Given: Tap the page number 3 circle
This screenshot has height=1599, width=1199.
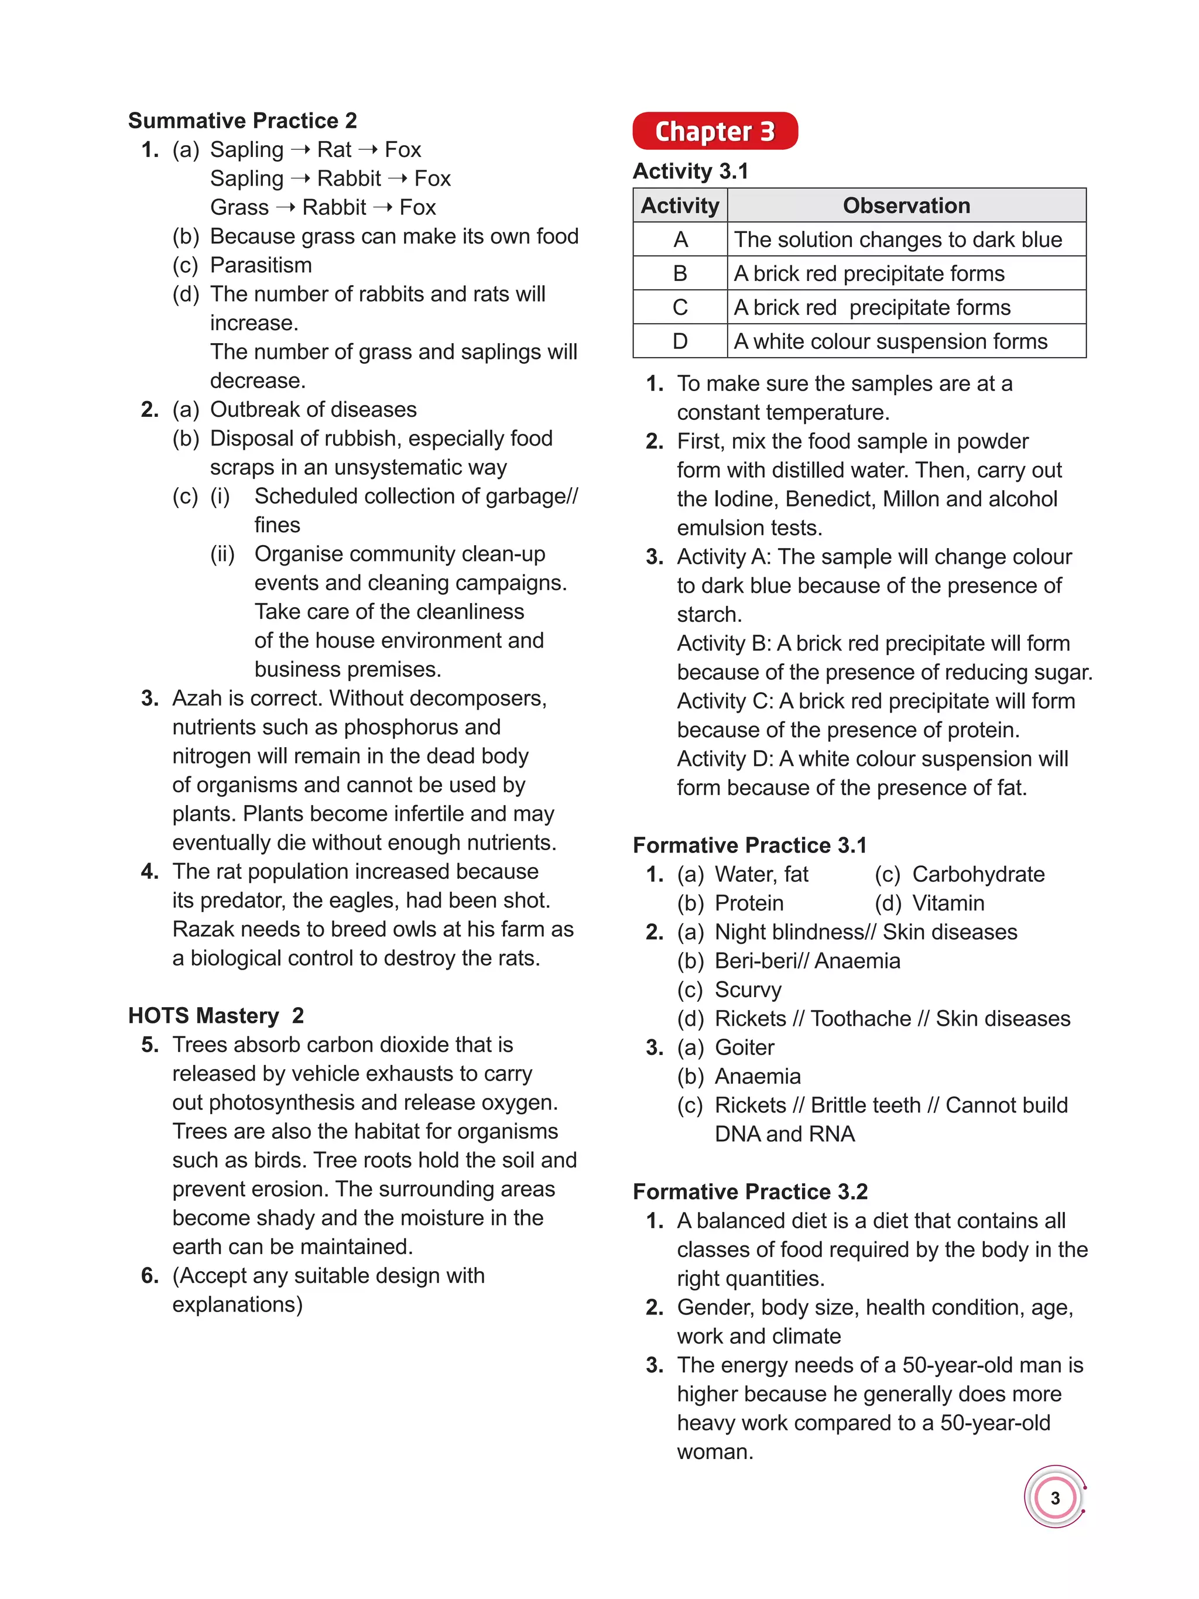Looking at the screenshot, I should point(1054,1498).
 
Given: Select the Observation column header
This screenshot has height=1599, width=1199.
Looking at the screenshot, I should point(906,206).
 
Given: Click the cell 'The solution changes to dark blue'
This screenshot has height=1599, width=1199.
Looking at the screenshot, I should point(897,239).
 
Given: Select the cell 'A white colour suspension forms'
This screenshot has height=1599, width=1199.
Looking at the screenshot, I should point(890,341).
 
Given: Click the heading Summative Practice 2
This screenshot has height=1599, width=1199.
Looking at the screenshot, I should point(242,120).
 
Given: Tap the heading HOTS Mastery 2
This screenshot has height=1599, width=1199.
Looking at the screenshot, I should point(215,1016).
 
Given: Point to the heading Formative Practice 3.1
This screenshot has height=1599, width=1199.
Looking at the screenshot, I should point(749,845).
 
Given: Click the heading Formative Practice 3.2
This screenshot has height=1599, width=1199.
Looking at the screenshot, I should point(749,1191).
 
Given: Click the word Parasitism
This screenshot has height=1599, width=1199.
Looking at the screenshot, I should point(261,265).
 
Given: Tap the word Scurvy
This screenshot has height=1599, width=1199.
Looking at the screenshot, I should point(748,989).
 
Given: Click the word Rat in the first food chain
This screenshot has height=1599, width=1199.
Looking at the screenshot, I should point(334,150).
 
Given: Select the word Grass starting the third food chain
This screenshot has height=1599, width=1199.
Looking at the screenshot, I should point(239,207).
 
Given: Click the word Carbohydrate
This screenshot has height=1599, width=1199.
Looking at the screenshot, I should point(978,874).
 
